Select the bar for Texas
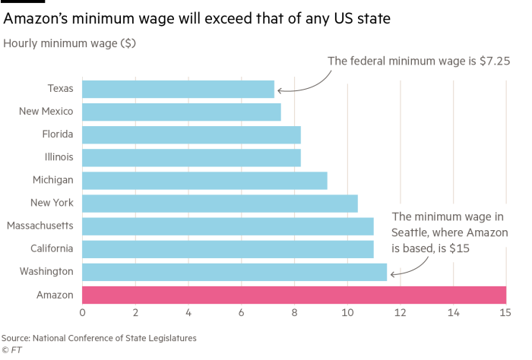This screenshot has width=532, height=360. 178,90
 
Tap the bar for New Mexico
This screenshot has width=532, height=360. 181,112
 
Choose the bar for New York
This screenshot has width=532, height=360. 220,203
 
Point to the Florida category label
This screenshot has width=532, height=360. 58,135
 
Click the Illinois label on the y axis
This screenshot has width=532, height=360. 59,158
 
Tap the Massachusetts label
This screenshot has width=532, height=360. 40,226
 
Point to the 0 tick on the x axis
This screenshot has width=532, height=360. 82,311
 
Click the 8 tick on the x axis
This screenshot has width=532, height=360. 294,311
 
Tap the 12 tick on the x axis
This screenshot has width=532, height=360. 400,311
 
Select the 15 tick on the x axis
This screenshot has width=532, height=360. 505,311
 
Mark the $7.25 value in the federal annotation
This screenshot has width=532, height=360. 496,62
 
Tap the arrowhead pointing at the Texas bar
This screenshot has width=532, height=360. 279,90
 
